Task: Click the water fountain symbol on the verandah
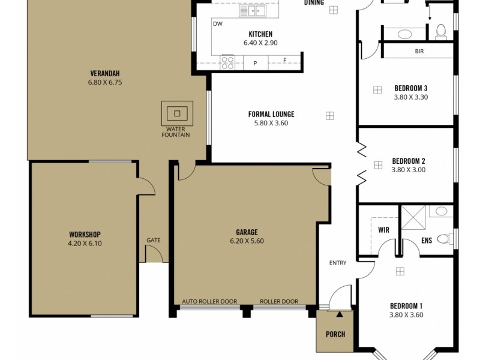176,112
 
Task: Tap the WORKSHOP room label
84,234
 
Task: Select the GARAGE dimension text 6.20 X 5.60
247,241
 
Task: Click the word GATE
153,240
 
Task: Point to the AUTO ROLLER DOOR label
209,301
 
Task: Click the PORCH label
335,334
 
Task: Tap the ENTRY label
338,263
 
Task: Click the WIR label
384,229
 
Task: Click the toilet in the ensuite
444,239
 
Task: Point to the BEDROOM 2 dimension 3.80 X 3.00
409,170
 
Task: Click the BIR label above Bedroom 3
419,52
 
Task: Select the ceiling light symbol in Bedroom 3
377,90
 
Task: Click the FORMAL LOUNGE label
271,114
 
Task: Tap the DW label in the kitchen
218,24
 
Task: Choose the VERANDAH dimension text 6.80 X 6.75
104,83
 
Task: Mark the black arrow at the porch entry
340,313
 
